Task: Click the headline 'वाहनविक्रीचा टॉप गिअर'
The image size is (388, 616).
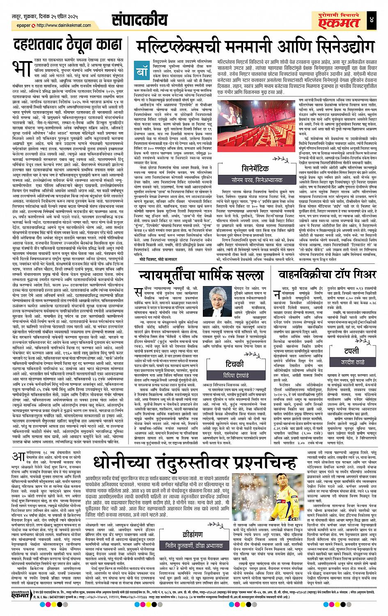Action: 327,263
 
